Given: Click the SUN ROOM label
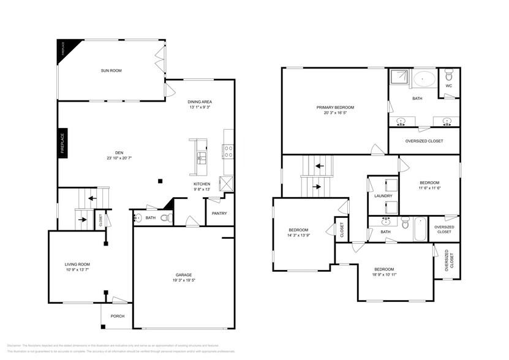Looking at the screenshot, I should (x=111, y=71).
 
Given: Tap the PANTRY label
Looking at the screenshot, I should (x=219, y=213).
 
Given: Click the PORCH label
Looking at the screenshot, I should (x=118, y=316).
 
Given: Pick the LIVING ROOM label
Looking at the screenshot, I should (x=78, y=264).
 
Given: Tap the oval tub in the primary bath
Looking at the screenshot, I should (x=424, y=80).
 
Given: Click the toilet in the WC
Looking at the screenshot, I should (x=449, y=76).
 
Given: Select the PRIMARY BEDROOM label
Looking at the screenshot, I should (x=335, y=107).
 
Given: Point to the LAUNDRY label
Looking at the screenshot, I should (x=383, y=196).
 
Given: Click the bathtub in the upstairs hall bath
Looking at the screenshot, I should (x=420, y=229).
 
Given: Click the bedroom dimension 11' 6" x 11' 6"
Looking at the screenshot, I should (x=429, y=188).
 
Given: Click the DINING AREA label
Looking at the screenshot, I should (x=200, y=102).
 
